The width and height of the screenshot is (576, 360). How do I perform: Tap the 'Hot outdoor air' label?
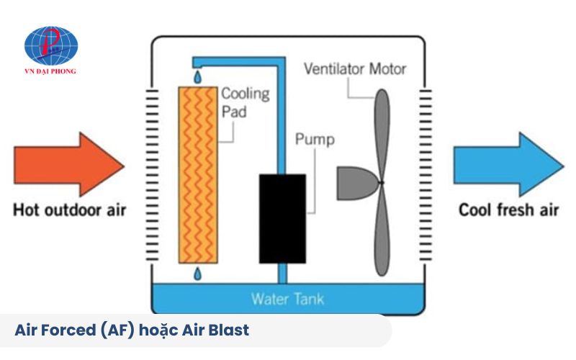[70, 211]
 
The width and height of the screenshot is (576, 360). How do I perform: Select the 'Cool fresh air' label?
[508, 210]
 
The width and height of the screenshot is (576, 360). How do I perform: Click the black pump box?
[282, 218]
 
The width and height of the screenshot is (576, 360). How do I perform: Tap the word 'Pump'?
[315, 139]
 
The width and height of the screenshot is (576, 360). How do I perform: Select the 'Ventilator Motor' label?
[355, 70]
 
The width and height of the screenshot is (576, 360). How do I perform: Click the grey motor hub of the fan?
[357, 183]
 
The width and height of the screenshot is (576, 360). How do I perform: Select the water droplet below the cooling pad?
[197, 274]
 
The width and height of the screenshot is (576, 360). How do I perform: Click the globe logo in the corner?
[51, 45]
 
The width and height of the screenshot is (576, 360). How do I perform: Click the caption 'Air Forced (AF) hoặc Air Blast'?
[132, 330]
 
